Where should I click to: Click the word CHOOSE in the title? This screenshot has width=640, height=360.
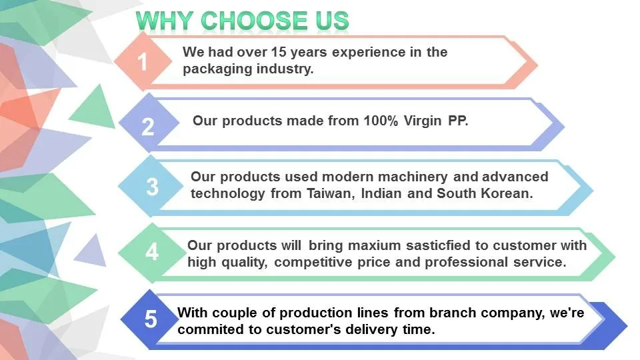[255, 21]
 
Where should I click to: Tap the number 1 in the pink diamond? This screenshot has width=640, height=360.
[142, 62]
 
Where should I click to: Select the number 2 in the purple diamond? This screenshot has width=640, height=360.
[148, 127]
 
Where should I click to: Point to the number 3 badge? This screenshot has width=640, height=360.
[152, 187]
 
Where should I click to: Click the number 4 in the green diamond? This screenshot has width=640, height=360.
[152, 252]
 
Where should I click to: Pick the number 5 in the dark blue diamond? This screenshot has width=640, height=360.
[151, 319]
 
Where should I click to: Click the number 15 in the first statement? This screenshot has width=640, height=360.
[279, 52]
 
